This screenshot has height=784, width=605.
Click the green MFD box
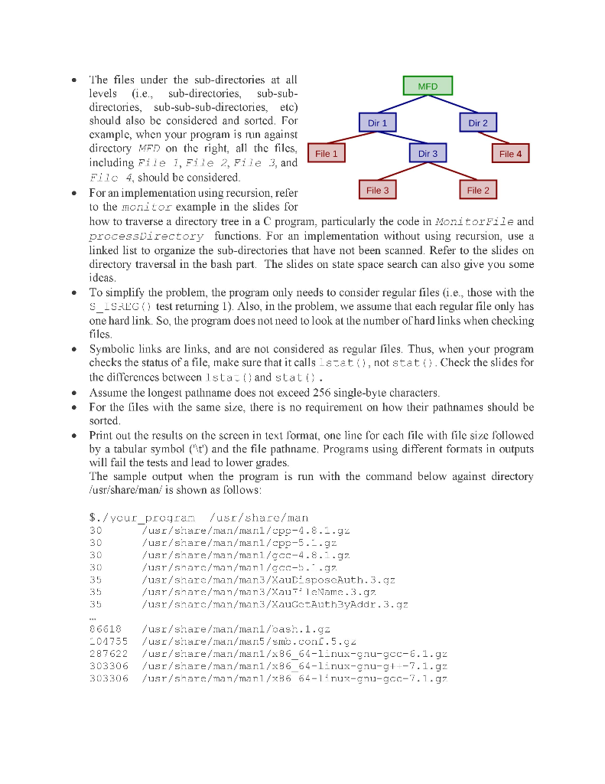(x=428, y=87)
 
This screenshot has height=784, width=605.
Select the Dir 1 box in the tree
(x=378, y=122)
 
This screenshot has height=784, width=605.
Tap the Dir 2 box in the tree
(x=477, y=122)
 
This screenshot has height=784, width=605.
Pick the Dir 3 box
(x=428, y=154)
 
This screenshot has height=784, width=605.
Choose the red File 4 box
(x=510, y=154)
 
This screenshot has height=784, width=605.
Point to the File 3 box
(x=377, y=190)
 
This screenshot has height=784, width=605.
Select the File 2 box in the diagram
(x=477, y=190)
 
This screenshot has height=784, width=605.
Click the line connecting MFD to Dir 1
(x=402, y=105)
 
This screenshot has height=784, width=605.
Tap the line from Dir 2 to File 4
(x=493, y=138)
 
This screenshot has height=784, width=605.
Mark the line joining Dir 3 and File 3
(x=402, y=172)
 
